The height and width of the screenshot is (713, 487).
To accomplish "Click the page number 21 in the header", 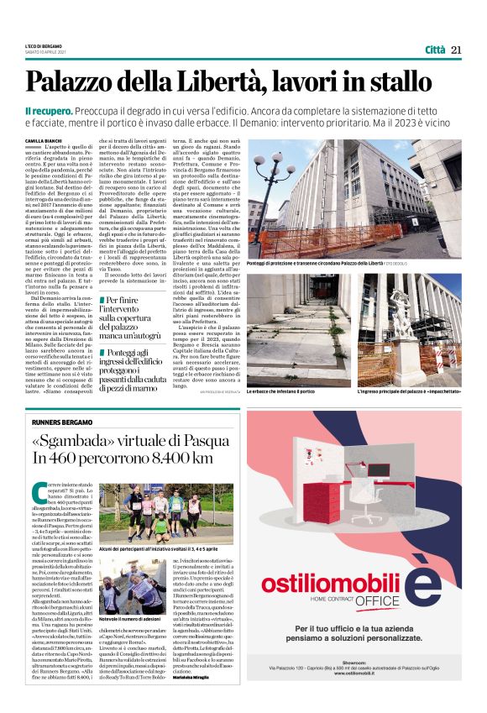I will click(x=457, y=50).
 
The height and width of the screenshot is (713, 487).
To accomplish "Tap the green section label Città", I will click(x=434, y=50).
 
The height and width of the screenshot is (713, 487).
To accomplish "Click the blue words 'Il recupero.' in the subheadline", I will click(x=47, y=111).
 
